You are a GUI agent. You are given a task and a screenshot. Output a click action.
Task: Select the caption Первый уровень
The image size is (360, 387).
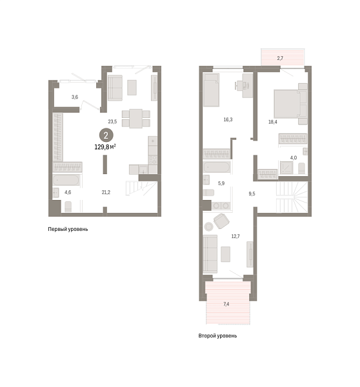click(x=68, y=229)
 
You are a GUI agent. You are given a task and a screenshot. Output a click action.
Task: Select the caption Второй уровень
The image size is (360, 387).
click(x=217, y=336)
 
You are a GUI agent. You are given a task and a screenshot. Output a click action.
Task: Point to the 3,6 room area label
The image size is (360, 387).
click(x=74, y=97)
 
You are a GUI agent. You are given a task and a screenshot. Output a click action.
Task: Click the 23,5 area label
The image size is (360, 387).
click(x=112, y=121)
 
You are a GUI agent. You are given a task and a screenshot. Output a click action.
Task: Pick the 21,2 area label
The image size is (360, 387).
click(x=106, y=192)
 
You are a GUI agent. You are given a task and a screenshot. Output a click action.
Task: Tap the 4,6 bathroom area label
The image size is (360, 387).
click(x=68, y=192)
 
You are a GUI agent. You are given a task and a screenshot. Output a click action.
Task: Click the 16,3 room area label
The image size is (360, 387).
click(x=228, y=119)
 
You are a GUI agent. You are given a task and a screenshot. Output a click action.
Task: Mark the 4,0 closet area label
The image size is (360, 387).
click(x=293, y=157)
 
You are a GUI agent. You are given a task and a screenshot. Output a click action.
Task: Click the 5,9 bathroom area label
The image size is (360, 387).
click(x=221, y=184)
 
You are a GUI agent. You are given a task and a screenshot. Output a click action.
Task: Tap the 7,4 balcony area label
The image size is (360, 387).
click(x=226, y=303)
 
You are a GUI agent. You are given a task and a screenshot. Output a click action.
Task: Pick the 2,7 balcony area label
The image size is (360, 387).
click(x=280, y=59)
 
